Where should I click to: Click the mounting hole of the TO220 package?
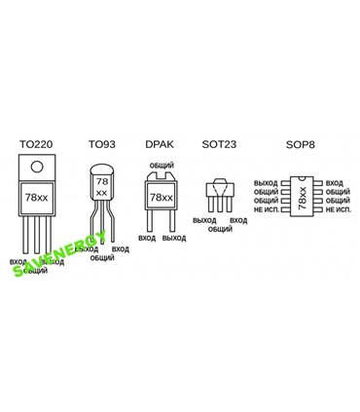tap(36, 165)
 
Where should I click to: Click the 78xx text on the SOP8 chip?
tap(302, 198)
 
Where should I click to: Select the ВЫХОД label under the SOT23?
tap(205, 220)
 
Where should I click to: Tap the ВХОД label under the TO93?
tap(121, 249)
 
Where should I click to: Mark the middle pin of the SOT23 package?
tap(220, 206)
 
